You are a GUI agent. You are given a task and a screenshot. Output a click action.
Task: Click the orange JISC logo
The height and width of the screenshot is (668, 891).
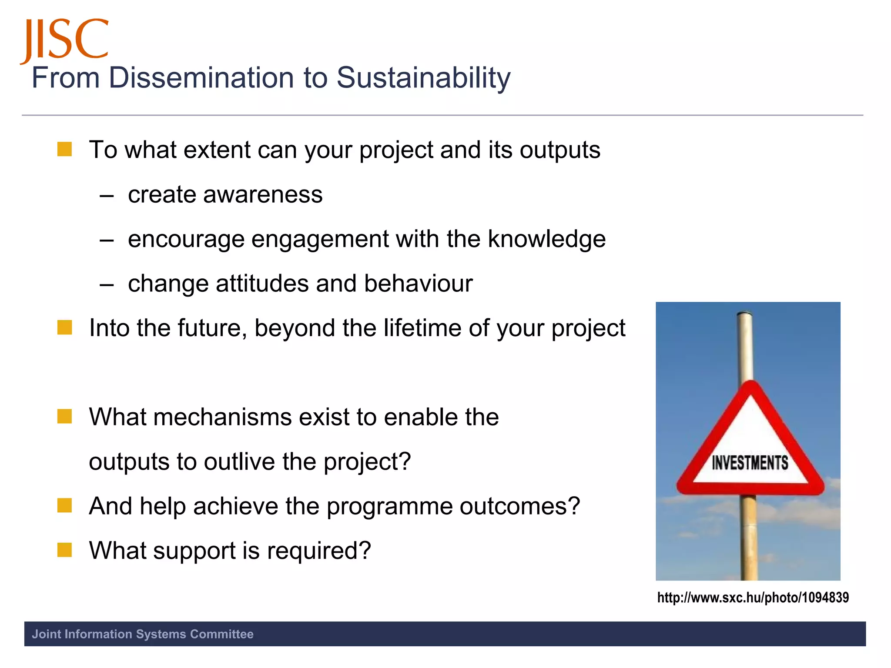point(64,40)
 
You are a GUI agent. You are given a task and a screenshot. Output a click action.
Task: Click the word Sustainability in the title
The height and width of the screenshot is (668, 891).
point(423,78)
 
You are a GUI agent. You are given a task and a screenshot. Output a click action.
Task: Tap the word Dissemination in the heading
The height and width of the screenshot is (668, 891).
point(201,78)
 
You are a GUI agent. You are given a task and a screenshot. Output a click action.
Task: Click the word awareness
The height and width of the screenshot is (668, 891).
point(263,194)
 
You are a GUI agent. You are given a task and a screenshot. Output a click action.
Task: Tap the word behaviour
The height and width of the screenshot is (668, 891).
point(418,284)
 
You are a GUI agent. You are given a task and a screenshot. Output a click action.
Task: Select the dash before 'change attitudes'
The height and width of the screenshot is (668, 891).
point(107,285)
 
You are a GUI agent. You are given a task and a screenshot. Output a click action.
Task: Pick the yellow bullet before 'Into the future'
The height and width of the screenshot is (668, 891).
point(64,327)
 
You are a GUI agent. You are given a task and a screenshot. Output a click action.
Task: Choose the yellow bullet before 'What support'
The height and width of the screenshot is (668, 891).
point(64,550)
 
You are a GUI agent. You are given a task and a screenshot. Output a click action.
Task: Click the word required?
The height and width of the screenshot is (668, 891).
point(319,551)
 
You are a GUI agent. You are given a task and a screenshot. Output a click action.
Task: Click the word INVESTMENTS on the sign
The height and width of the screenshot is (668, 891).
point(750,463)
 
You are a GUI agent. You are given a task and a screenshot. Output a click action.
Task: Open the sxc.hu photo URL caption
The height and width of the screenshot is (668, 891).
point(753,598)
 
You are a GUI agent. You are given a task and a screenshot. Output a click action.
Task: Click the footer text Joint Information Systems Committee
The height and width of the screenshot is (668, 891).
point(143,634)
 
